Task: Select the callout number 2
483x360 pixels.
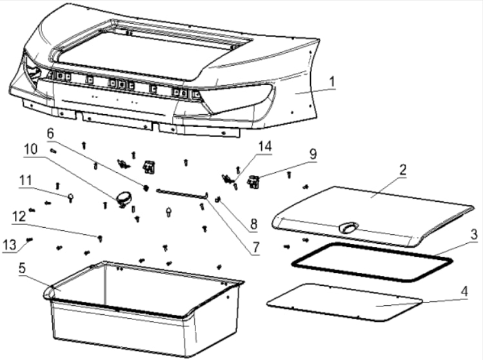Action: (x=402, y=170)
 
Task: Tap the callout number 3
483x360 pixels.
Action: (x=473, y=233)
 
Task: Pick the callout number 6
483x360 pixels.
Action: (x=50, y=133)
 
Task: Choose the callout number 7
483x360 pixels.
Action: (x=256, y=246)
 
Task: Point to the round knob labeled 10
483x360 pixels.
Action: (x=124, y=197)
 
